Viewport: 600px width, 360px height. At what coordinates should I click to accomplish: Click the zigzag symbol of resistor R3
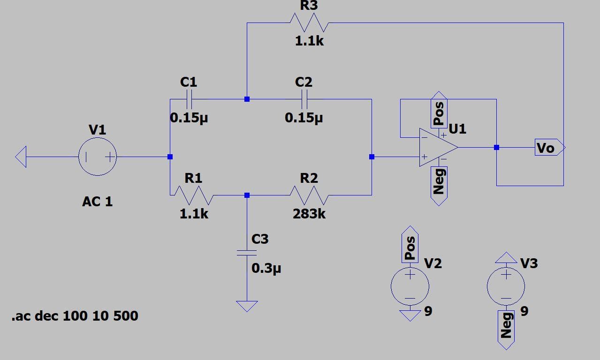(309, 22)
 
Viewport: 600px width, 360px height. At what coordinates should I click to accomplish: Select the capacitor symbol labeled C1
(189, 99)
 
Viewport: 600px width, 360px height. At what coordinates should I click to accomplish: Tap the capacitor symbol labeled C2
(304, 99)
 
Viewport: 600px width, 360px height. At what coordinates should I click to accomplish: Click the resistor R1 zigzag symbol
(194, 195)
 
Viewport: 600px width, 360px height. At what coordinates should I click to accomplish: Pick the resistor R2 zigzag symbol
(309, 195)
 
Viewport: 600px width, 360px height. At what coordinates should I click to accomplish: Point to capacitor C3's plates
(247, 253)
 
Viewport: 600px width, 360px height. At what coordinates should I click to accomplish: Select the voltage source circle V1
(97, 157)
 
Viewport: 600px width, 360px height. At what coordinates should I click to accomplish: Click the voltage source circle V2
(410, 286)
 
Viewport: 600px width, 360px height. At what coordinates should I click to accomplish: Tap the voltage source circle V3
(506, 286)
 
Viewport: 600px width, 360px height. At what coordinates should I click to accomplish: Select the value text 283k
(309, 214)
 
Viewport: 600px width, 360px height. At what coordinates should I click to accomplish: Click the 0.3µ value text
(266, 269)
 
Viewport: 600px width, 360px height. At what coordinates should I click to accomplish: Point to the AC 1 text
(97, 202)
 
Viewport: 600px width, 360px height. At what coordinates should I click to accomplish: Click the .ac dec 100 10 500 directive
(75, 316)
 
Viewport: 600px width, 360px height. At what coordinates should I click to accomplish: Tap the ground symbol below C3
(247, 306)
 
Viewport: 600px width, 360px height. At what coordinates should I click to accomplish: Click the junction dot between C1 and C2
(247, 99)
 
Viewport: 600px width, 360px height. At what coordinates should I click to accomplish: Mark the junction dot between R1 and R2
(247, 195)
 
